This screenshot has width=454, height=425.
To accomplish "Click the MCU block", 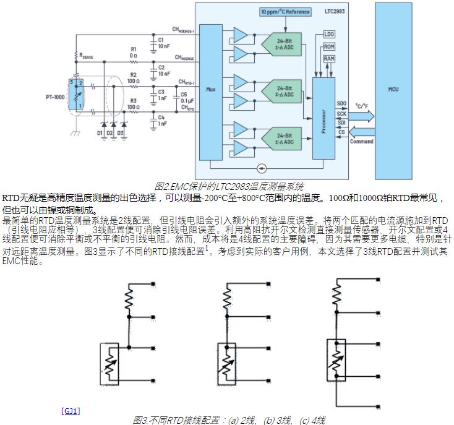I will pyautogui.click(x=393, y=90).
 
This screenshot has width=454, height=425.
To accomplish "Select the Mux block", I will pyautogui.click(x=211, y=89).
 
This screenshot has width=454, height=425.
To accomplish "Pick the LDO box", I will pyautogui.click(x=329, y=34).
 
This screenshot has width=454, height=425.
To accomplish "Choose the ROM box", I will pyautogui.click(x=329, y=46).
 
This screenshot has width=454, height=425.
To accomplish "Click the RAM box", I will pyautogui.click(x=329, y=58).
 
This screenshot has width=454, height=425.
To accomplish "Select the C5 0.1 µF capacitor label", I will pyautogui.click(x=183, y=98).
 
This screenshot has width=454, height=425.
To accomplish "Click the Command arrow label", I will pyautogui.click(x=361, y=142).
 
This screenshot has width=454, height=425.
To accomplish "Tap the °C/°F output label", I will pyautogui.click(x=362, y=106).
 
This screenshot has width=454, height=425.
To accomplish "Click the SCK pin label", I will pyautogui.click(x=341, y=114).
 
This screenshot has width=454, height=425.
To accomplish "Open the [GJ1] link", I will pyautogui.click(x=71, y=411).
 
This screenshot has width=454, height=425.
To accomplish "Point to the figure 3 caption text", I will pyautogui.click(x=229, y=420).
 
